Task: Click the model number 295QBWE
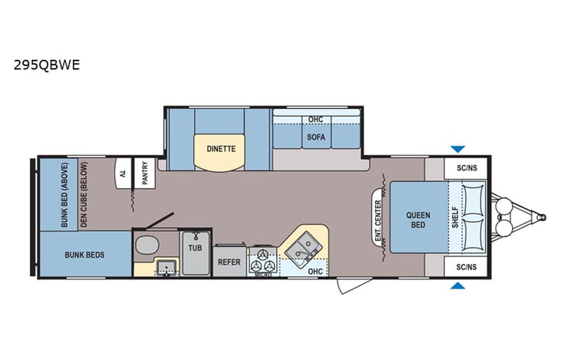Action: pyautogui.click(x=46, y=65)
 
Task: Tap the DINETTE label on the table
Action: pyautogui.click(x=220, y=148)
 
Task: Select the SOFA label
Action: pyautogui.click(x=315, y=137)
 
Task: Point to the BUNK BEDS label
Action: pyautogui.click(x=84, y=255)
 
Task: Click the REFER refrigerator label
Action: pyautogui.click(x=229, y=260)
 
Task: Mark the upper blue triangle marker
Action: pyautogui.click(x=458, y=149)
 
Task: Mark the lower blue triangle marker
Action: pyautogui.click(x=458, y=286)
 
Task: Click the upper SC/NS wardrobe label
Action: pyautogui.click(x=465, y=167)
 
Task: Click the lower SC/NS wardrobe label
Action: pyautogui.click(x=465, y=268)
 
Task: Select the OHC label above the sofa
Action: pyautogui.click(x=315, y=120)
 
